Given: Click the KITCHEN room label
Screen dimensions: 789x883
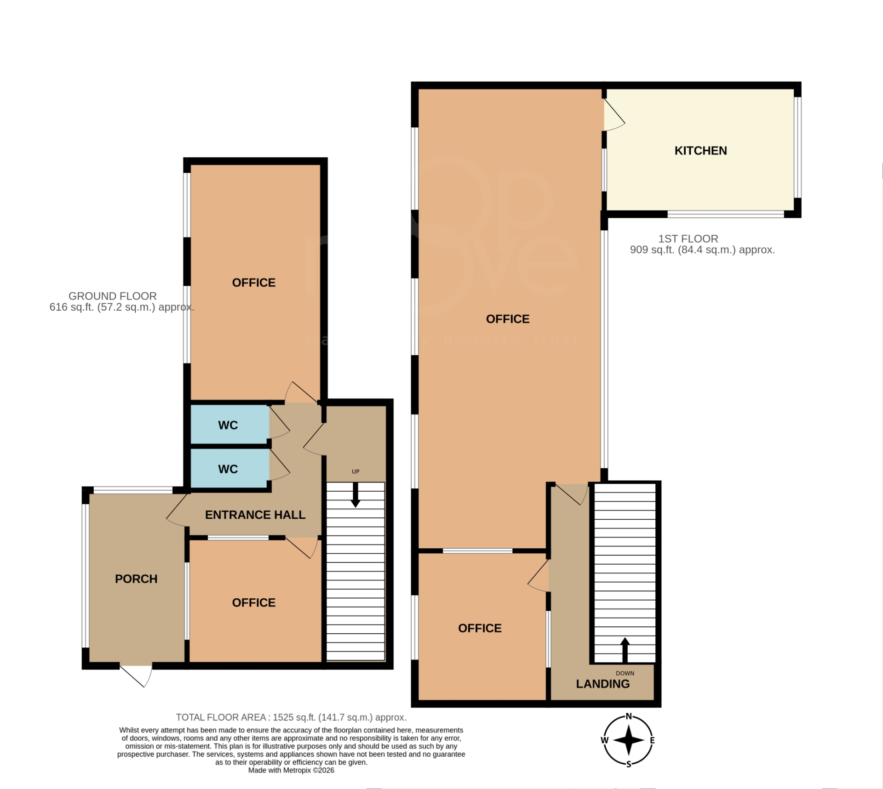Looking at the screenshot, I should (x=700, y=151).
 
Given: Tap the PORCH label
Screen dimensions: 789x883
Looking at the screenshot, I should (x=136, y=579).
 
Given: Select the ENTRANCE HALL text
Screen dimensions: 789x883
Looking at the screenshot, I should (x=255, y=515).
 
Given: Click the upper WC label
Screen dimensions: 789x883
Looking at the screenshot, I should (x=228, y=425).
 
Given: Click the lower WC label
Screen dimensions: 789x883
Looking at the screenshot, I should (x=228, y=469).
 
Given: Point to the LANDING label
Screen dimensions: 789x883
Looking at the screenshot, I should (x=603, y=684).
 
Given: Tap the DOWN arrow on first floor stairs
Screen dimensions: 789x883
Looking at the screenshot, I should (x=625, y=649).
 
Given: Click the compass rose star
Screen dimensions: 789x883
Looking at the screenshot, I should (x=629, y=740).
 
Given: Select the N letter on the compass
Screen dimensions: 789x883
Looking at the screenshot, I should (x=629, y=716).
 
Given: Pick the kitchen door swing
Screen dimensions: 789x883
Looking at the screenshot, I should (x=614, y=115).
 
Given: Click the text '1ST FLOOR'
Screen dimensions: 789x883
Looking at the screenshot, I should (x=688, y=239).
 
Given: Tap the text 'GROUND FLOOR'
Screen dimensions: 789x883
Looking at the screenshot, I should (x=113, y=296).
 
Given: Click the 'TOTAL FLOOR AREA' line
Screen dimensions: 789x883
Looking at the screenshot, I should (x=291, y=717).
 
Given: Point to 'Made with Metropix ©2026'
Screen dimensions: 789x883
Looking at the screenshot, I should (x=291, y=770).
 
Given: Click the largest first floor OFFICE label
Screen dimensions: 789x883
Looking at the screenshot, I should (x=508, y=319).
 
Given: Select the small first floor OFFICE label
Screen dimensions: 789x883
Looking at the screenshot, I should (x=480, y=628).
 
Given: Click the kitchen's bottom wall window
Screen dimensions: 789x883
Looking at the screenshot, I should (x=725, y=214).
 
